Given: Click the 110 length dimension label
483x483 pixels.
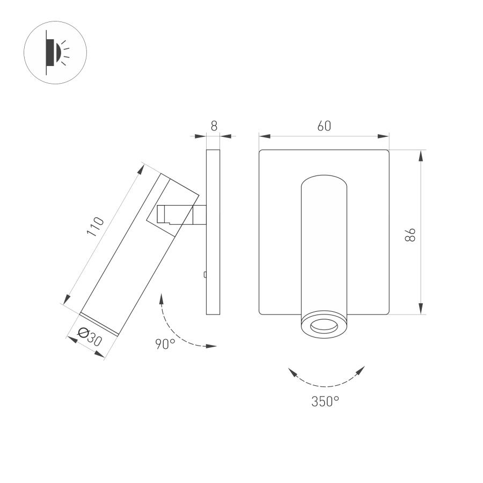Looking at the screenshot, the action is (96, 226).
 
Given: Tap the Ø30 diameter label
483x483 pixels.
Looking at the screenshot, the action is (90, 337).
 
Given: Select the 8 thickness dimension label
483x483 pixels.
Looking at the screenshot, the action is (214, 126).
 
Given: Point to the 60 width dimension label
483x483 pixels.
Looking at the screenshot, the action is (324, 126).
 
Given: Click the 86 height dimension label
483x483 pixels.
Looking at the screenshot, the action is (411, 235).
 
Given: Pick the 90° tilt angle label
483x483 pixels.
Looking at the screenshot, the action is (165, 344).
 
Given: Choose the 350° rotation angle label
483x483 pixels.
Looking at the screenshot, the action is (325, 401).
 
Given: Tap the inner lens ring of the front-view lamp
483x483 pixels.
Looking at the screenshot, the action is (324, 326).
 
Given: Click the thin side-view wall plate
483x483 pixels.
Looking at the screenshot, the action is (213, 232).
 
